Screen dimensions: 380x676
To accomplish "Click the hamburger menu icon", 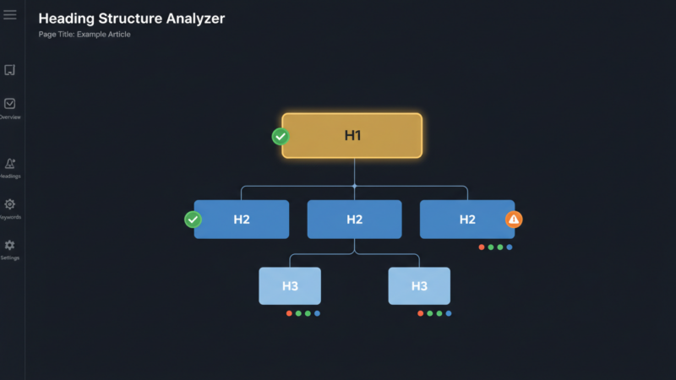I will (10, 15).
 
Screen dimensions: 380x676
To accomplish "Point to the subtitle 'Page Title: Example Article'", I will (84, 35).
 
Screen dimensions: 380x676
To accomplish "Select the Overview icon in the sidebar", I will (10, 104).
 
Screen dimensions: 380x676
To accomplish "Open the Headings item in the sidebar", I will (10, 164).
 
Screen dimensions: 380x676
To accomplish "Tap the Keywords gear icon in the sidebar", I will (10, 204).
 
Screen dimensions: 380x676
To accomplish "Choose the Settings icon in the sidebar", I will (10, 245).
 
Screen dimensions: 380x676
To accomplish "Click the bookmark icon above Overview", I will (10, 70).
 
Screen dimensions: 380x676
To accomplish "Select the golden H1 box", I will (352, 135).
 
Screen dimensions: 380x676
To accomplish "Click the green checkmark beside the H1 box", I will (281, 136).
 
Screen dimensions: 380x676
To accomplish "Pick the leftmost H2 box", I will (242, 220).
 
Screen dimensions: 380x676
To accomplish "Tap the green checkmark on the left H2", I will (194, 220).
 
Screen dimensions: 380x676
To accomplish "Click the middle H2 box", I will (354, 220).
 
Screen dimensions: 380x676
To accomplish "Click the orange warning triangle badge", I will (514, 220).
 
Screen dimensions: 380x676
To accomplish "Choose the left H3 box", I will (290, 286).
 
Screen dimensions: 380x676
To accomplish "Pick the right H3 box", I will (419, 286).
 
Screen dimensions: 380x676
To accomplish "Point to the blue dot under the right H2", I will (510, 247).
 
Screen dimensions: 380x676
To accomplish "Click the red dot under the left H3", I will (289, 313).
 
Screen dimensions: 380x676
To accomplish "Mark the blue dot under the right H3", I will (449, 313).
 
